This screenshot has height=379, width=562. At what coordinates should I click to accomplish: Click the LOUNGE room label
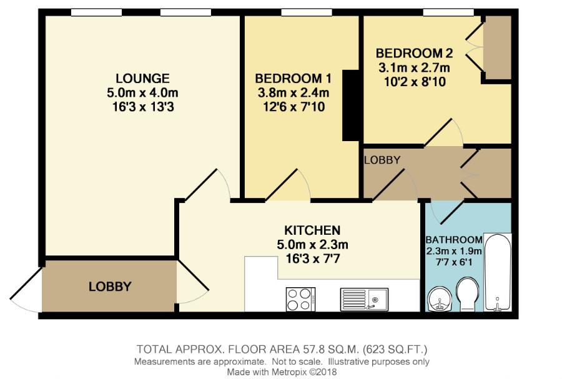142,78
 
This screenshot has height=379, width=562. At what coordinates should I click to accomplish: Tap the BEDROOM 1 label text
293,79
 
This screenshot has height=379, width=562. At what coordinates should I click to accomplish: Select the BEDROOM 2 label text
414,53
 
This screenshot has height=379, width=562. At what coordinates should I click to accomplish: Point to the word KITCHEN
312,229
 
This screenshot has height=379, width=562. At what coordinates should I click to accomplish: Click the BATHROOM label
453,240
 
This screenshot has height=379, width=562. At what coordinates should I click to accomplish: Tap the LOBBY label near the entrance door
110,287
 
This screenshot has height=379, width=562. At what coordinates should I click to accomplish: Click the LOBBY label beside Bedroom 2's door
382,160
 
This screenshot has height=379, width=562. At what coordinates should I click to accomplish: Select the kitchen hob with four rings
300,299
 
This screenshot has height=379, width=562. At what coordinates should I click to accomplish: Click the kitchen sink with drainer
364,299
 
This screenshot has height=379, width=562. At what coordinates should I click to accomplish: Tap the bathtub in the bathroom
498,272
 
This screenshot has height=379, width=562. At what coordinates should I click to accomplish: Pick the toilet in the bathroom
467,294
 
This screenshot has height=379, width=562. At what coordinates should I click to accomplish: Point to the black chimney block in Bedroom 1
351,106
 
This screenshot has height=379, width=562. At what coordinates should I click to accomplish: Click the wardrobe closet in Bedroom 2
497,48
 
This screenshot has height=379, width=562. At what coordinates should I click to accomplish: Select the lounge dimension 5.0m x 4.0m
142,92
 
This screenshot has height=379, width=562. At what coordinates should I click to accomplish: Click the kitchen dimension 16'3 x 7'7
312,255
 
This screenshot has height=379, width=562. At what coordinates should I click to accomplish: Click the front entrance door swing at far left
25,293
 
